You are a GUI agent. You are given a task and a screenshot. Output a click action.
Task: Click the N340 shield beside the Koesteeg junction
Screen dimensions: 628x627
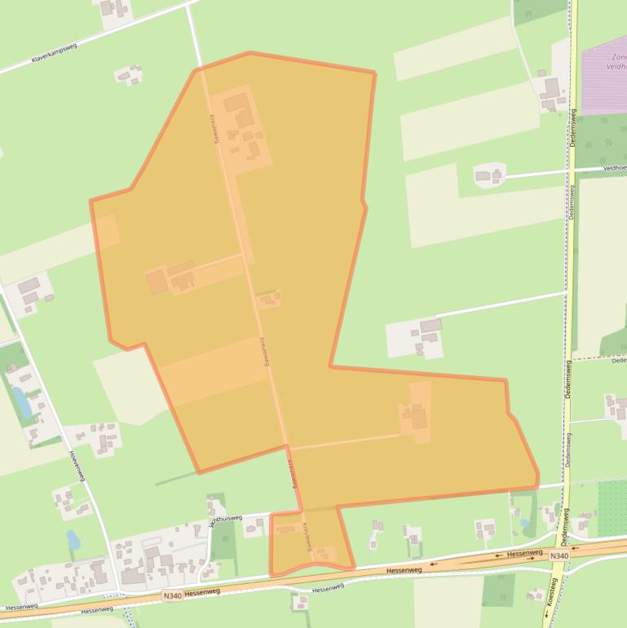(x=559, y=555)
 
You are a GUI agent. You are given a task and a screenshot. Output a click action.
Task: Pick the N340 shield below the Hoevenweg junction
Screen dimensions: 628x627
(x=171, y=596)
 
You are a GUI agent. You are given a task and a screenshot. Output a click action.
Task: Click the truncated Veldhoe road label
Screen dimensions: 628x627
(x=614, y=167)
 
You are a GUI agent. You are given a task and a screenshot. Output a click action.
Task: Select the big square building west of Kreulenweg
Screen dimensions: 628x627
(x=157, y=282)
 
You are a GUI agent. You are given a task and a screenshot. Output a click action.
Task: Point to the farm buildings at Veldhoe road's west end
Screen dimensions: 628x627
(x=489, y=175)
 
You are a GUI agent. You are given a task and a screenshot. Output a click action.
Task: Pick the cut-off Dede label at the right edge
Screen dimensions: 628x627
(x=618, y=360)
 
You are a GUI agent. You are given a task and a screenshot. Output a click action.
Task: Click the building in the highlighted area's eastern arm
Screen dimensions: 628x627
(x=418, y=419)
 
